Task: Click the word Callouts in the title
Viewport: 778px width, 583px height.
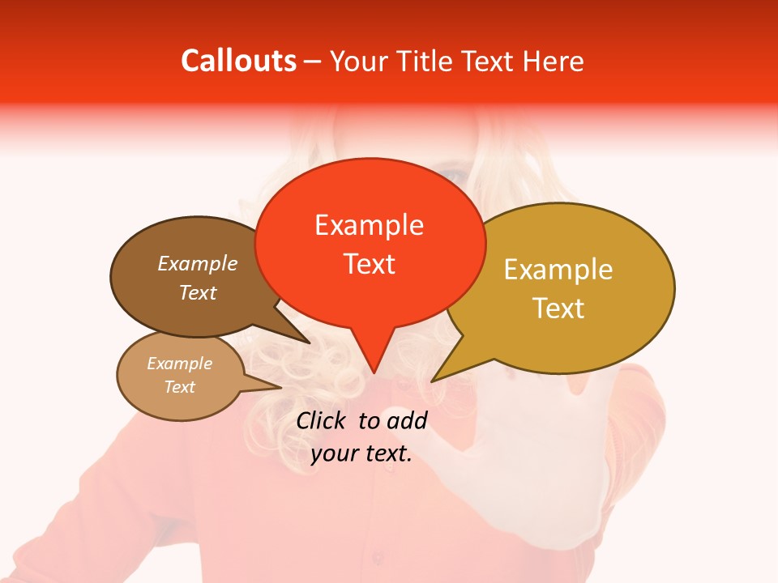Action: (238, 61)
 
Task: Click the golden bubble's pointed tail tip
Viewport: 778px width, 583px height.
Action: (433, 381)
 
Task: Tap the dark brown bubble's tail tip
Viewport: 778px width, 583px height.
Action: (309, 343)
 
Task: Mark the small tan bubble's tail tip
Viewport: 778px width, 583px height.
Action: (280, 387)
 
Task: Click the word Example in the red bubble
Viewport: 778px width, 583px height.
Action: (370, 225)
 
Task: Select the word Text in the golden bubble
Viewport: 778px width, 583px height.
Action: (558, 309)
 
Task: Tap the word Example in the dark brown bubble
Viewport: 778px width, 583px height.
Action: (198, 263)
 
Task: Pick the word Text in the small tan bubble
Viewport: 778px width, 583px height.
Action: (180, 387)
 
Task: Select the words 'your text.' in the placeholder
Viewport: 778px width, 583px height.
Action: (361, 454)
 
